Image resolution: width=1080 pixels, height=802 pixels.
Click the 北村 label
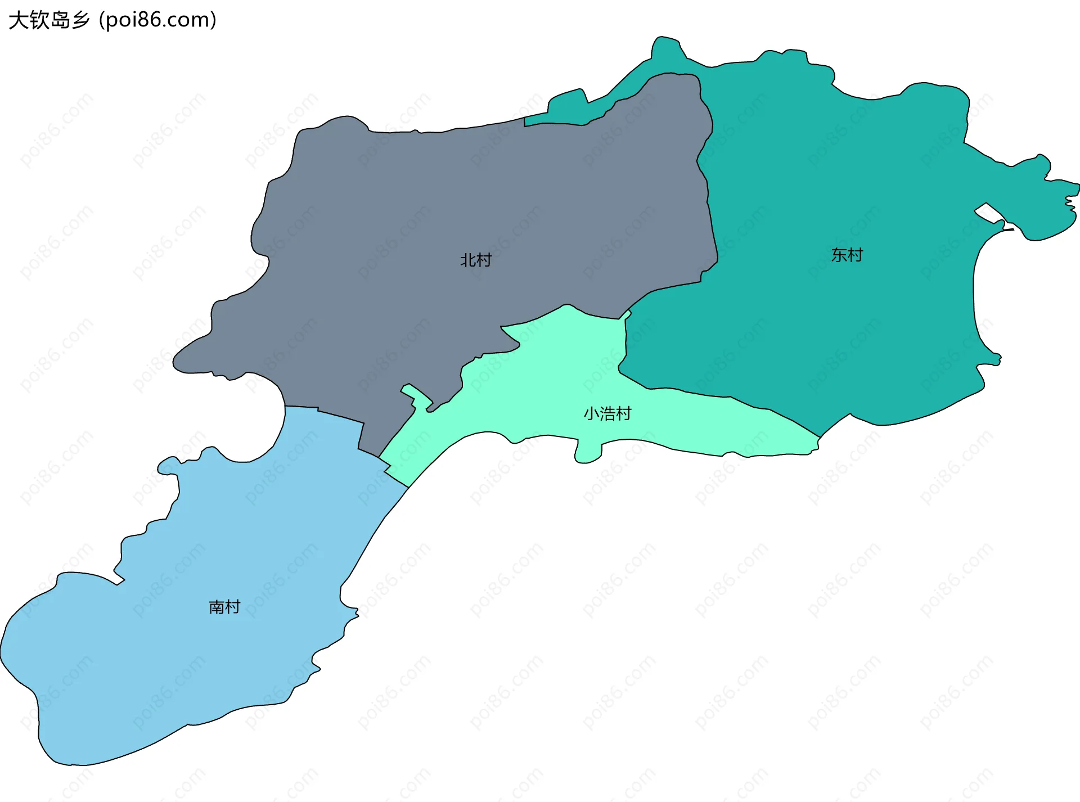point(475,260)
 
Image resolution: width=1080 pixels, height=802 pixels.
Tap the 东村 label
point(847,255)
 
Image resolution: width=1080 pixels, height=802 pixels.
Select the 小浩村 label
point(607,414)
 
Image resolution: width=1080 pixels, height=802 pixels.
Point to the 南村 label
point(224,607)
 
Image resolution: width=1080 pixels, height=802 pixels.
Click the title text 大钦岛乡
point(49,20)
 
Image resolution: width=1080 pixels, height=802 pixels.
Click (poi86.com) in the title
point(157,20)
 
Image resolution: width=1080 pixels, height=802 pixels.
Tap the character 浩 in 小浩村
point(607,414)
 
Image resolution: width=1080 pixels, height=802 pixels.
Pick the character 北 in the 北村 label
point(468,260)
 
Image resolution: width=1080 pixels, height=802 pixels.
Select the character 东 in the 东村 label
point(839,255)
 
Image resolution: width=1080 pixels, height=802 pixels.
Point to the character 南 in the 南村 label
point(217,607)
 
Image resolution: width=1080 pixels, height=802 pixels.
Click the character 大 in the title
point(18,20)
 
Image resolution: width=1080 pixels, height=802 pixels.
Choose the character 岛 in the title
point(60,20)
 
